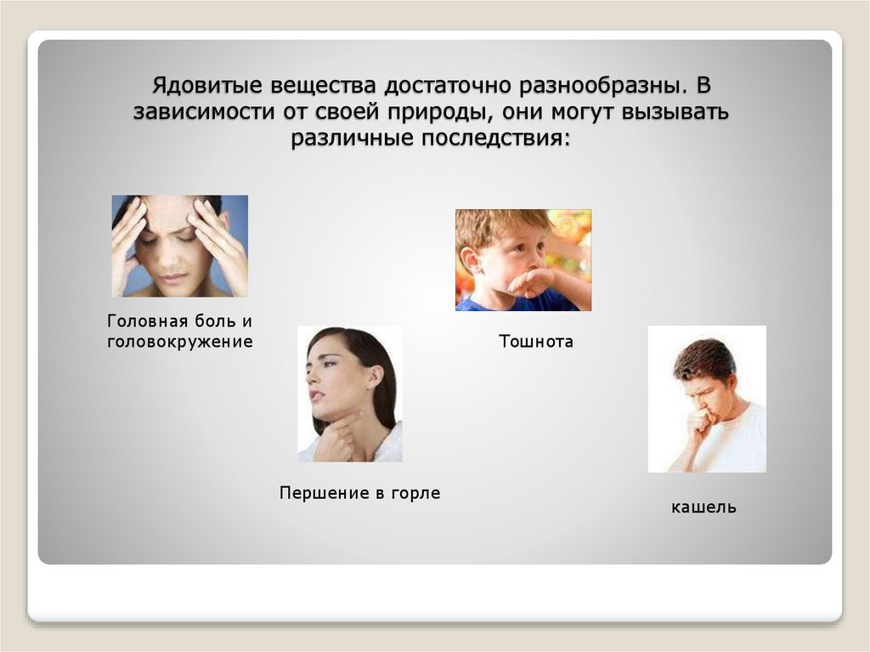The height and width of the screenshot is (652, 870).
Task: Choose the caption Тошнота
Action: point(535,342)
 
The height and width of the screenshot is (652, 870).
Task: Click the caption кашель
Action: point(703,507)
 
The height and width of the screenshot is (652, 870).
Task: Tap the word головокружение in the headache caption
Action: point(180,343)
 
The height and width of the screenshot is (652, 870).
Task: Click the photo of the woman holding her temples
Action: point(179,246)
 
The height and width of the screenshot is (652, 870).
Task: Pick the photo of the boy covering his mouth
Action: point(523,259)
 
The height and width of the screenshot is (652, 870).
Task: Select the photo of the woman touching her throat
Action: point(349,394)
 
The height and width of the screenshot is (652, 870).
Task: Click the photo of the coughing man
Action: point(706,399)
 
